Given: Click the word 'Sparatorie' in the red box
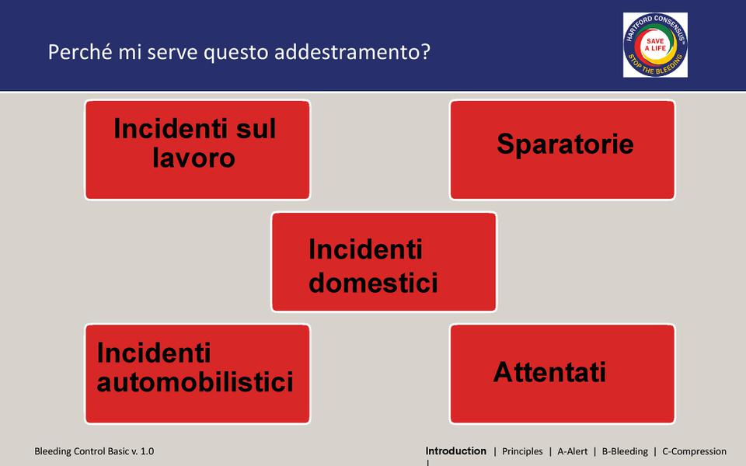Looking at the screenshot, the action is coord(565,144).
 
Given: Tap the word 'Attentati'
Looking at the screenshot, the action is coord(549,372).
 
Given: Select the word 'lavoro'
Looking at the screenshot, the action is coord(193,158).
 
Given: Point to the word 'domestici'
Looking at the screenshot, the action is coord(373,282).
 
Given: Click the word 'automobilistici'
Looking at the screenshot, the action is coord(195,382).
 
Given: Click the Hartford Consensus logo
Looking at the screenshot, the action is coord(655,45).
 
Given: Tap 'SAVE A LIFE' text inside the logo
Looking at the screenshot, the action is coord(655,45).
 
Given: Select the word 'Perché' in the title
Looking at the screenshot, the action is coord(80,52).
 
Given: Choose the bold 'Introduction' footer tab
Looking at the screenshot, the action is coord(456,450).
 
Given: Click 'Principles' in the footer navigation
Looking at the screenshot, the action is coord(522,451).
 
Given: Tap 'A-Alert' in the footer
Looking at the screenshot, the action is coord(573,451).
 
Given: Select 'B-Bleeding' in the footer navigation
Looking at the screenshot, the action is coord(625,451).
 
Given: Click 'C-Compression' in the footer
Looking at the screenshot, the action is coord(694,451).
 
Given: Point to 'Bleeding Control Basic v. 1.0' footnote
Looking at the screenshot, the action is coord(94,451).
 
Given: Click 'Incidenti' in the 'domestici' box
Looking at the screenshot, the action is coord(365,249).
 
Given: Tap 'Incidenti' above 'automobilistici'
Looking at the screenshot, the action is coord(154,353).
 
